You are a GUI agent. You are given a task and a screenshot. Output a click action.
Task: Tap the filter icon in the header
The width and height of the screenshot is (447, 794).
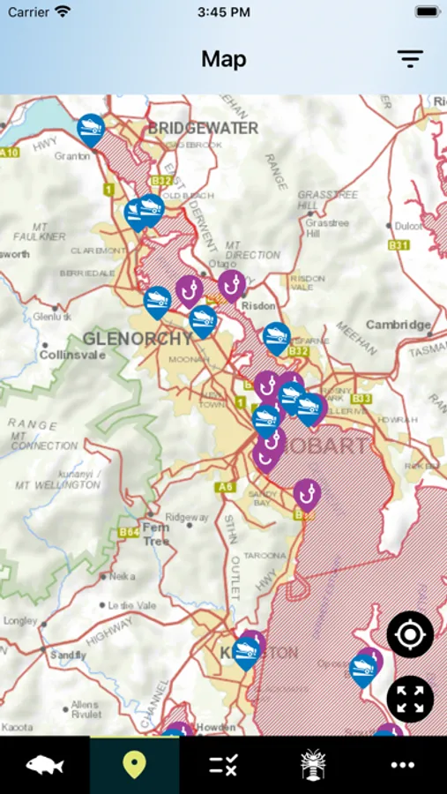(x=410, y=59)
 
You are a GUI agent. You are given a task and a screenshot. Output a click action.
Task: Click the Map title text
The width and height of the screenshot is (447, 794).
(x=223, y=59)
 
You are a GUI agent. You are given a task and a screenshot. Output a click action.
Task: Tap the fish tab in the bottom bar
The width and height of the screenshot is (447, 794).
(x=44, y=765)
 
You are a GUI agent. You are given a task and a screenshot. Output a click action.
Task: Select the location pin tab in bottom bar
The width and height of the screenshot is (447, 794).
(x=134, y=765)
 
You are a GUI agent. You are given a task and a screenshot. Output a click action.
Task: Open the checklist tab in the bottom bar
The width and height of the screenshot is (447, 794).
(x=223, y=765)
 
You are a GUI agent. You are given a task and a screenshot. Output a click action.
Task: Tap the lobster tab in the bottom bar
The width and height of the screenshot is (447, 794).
(x=313, y=765)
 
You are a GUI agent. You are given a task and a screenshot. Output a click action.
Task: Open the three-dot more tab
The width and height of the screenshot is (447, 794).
(x=402, y=765)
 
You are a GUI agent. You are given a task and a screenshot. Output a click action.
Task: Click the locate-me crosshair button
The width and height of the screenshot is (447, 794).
(x=410, y=634)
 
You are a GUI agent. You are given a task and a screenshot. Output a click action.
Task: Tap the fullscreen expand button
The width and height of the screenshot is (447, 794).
(x=410, y=700)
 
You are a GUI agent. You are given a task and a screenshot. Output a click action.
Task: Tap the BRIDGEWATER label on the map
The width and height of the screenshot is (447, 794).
(x=203, y=129)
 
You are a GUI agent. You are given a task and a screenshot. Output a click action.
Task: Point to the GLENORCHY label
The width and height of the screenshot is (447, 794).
(x=138, y=339)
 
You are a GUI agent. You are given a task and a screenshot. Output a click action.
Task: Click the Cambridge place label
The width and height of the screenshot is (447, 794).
(x=399, y=325)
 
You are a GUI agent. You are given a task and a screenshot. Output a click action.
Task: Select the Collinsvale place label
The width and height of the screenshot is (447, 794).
(x=72, y=355)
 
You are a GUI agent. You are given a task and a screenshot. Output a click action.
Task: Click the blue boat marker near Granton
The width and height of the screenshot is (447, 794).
(x=90, y=129)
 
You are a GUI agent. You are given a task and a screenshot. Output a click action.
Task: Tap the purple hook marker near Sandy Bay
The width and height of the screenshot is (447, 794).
(x=306, y=493)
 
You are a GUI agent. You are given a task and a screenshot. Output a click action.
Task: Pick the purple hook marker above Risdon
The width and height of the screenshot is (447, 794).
(x=231, y=284)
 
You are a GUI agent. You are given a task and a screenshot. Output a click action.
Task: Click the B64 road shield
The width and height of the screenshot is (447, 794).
(x=129, y=532)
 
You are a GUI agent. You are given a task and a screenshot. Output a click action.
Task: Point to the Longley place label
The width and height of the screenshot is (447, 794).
(x=19, y=620)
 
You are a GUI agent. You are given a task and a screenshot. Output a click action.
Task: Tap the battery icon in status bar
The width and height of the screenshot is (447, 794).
(x=427, y=12)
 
